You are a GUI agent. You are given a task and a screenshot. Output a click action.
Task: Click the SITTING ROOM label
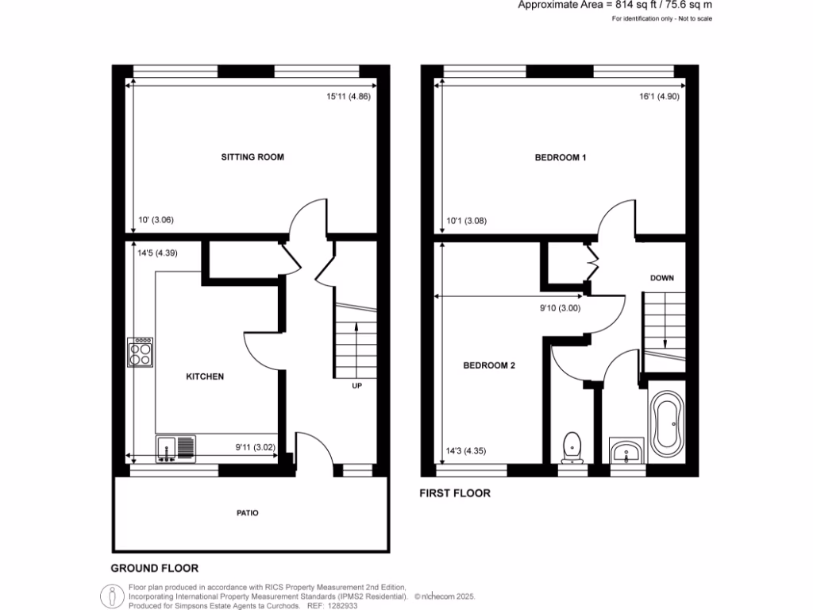252,157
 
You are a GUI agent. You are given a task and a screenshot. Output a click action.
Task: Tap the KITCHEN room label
205,376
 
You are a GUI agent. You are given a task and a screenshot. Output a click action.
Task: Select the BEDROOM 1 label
560,157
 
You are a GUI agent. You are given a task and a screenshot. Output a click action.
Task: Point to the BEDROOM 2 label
489,365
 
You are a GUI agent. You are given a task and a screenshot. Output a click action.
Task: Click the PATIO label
247,513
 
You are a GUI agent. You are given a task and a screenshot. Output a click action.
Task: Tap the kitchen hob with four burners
140,353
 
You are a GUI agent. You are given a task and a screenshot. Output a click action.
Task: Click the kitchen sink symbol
175,449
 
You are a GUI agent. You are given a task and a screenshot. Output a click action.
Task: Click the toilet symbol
572,447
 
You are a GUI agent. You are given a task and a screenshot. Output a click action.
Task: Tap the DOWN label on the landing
662,278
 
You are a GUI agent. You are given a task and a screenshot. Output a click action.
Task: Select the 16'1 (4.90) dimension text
658,97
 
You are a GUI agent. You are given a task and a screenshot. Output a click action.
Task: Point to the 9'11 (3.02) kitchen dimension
254,446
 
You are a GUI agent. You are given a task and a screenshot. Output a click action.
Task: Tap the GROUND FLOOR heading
154,569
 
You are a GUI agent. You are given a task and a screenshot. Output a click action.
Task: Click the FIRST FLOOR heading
455,493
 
